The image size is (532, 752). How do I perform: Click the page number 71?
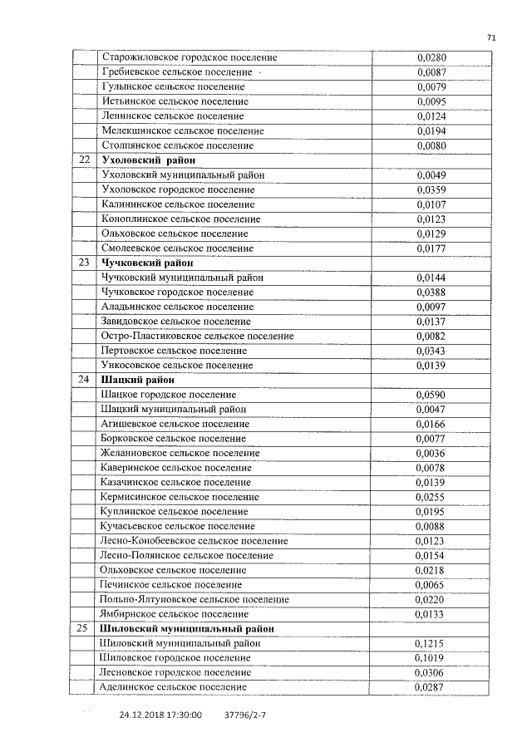coord(491,37)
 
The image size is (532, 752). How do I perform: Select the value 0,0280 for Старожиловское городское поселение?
coord(431,57)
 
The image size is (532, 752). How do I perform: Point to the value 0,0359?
coord(431,189)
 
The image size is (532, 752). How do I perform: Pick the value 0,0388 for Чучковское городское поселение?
coord(431,292)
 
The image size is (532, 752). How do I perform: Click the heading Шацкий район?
coord(137,381)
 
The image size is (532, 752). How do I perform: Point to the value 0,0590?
coord(431,395)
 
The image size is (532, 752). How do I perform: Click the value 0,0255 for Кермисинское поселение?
coord(431,498)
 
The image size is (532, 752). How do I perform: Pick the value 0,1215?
coord(429,644)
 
